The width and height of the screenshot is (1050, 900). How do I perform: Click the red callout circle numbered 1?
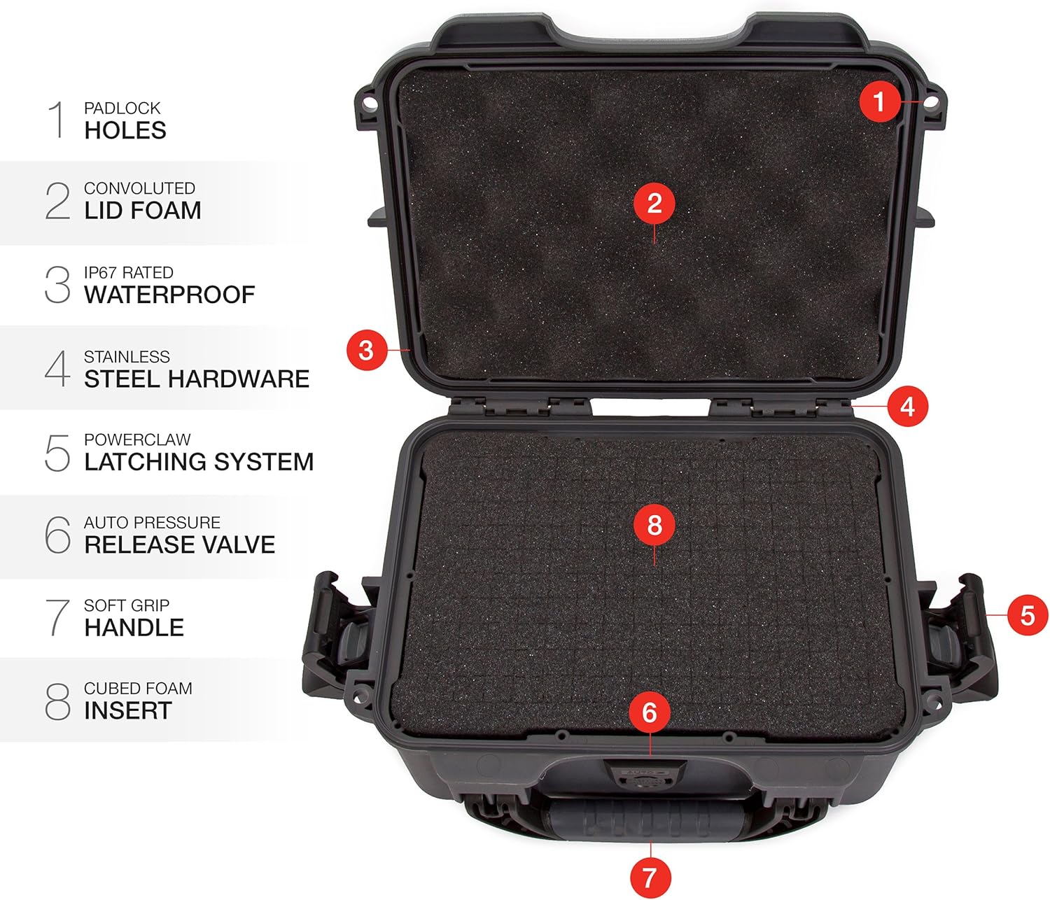[x=879, y=102]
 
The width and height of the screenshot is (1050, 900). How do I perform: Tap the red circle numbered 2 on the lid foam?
[x=654, y=203]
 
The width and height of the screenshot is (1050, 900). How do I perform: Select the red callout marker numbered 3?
[x=366, y=350]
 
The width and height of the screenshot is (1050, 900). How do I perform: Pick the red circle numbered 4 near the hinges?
[x=907, y=406]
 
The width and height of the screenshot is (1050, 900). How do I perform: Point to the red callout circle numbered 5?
[x=1027, y=615]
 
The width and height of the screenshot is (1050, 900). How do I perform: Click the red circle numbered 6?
[x=650, y=712]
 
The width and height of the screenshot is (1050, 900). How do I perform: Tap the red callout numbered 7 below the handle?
[x=649, y=877]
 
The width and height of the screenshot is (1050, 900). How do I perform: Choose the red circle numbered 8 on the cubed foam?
[x=654, y=524]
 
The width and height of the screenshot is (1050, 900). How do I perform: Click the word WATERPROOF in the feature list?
[x=169, y=295]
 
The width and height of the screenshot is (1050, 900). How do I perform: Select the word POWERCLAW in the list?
[x=137, y=440]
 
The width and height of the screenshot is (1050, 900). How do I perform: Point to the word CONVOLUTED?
[x=139, y=188]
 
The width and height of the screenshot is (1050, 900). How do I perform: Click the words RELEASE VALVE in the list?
[x=180, y=544]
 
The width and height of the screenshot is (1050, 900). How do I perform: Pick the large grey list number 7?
[x=57, y=617]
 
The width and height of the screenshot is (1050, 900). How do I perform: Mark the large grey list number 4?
[x=57, y=368]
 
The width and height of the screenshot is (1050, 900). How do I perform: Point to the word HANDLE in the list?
[x=134, y=628]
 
